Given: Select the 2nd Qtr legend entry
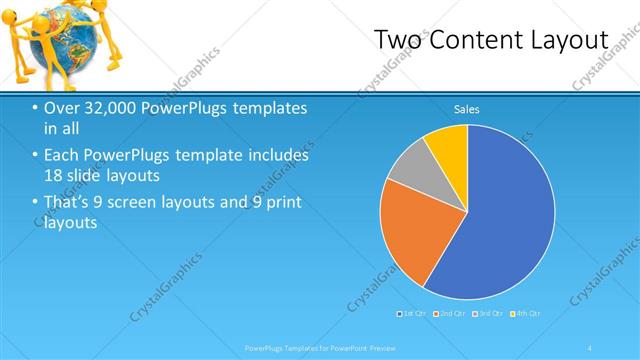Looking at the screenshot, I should [x=452, y=314].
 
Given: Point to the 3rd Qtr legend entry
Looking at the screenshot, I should [x=489, y=314].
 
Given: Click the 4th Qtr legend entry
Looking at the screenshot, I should [x=527, y=314].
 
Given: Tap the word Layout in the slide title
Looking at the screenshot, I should [x=570, y=39].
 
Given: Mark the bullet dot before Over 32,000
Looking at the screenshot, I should [x=36, y=108].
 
